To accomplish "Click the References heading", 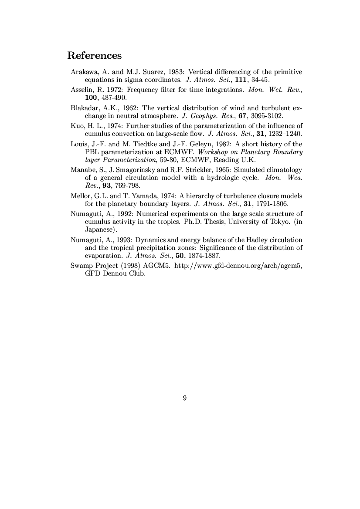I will click(x=94, y=56).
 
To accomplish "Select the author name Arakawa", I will click(x=85, y=71).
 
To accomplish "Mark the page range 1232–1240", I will click(x=286, y=134).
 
